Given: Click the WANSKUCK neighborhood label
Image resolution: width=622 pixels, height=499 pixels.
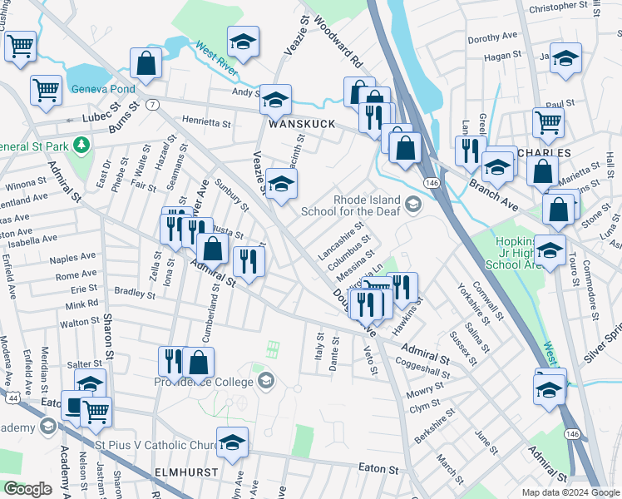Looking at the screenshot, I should point(301,124).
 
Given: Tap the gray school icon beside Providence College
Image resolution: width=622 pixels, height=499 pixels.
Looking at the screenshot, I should point(266,381).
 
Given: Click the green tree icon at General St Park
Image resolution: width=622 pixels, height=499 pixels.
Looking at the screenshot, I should point(81,146).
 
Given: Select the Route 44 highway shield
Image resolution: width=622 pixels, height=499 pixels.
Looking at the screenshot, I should point(13,399).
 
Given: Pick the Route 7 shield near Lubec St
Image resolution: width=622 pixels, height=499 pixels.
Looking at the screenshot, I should point(152,105).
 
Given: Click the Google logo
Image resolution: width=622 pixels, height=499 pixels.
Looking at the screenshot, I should point(27,489).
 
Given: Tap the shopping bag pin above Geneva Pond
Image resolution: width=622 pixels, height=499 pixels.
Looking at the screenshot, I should point(146,65).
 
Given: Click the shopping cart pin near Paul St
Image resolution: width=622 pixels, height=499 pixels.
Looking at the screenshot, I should point(548,122).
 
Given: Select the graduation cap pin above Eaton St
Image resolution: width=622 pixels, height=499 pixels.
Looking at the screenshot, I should point(232,442).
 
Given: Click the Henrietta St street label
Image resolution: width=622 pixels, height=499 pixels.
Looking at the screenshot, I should point(206,122).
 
